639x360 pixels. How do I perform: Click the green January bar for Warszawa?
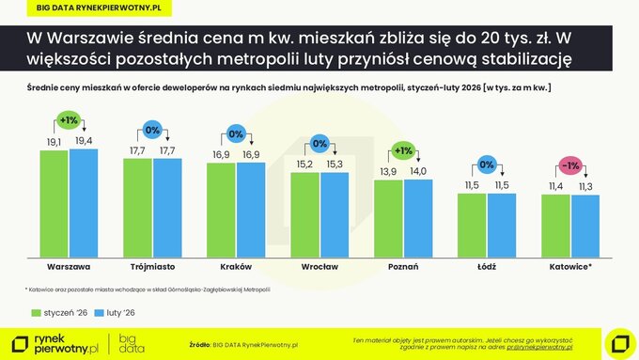point(54,203)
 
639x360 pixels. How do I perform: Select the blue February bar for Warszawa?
point(83,202)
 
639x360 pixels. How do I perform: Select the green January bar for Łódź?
point(473,227)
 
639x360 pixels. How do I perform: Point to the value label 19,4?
point(84,141)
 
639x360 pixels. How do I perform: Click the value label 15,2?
point(304,164)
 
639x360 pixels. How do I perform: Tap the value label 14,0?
point(417,171)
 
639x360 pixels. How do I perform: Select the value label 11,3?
point(584,187)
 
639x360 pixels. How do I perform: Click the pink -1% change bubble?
point(570,166)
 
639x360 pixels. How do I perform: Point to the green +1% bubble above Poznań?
point(403,150)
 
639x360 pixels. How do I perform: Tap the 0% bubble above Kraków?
point(236,133)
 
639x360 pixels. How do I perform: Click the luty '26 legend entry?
point(117,311)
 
